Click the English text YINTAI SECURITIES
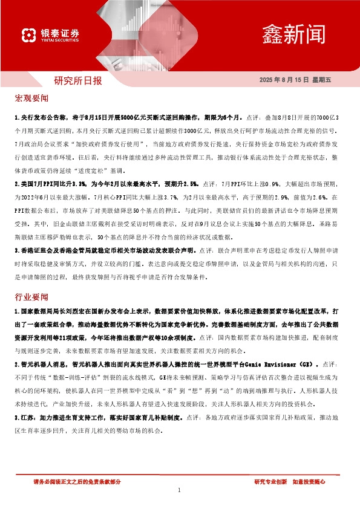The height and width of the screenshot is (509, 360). pos(60,41)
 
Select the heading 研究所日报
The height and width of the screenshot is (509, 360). pos(78,80)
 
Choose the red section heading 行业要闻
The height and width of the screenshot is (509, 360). pos(30,297)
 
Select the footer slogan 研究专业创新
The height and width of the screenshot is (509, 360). pos(270,481)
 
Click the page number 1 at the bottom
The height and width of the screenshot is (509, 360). pos(180,490)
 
